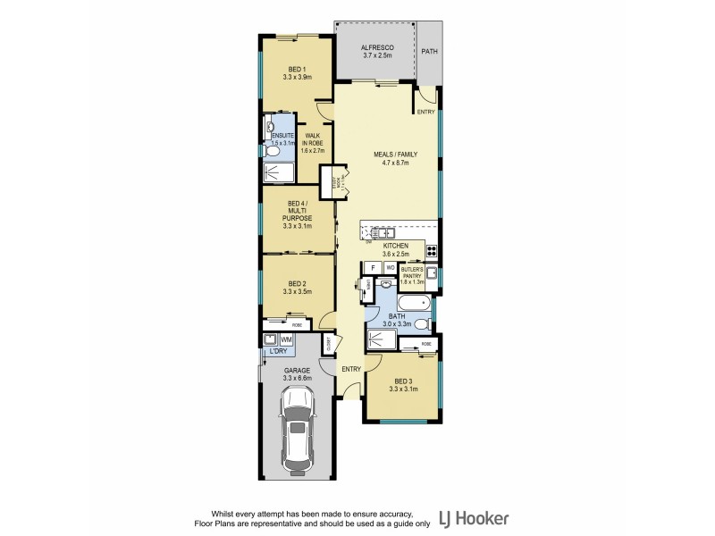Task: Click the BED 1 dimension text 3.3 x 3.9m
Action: coord(297,78)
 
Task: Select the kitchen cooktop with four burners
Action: coord(431,251)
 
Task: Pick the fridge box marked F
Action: coord(373,267)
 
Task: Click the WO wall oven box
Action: coord(390,267)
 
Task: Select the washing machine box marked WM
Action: coord(286,340)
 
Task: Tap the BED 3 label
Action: coord(400,381)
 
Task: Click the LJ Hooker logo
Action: coord(474,518)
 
